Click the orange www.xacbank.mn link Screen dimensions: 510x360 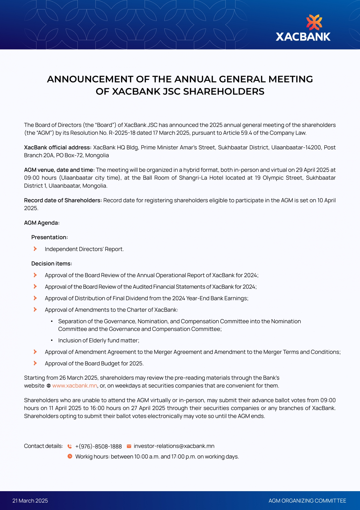click(x=75, y=386)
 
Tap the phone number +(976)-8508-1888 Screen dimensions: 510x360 click(x=98, y=446)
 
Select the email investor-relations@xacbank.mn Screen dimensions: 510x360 click(x=174, y=446)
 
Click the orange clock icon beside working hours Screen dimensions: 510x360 click(x=70, y=456)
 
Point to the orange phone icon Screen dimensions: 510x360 click(x=70, y=446)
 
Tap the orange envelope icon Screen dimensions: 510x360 click(x=129, y=446)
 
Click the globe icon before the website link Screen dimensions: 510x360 click(x=48, y=386)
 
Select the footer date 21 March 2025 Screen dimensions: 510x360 click(x=30, y=501)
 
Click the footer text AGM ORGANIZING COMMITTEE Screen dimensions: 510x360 click(x=307, y=501)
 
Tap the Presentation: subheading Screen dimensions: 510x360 click(x=49, y=237)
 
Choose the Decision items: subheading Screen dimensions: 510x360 click(x=52, y=263)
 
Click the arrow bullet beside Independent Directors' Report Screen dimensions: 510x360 click(x=35, y=249)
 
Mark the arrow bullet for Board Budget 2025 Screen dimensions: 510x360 click(x=35, y=363)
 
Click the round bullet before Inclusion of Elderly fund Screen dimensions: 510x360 click(x=52, y=340)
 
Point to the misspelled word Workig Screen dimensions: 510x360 click(x=84, y=456)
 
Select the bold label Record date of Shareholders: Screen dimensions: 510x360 click(x=63, y=200)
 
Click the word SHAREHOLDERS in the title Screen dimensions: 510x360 click(x=224, y=91)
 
